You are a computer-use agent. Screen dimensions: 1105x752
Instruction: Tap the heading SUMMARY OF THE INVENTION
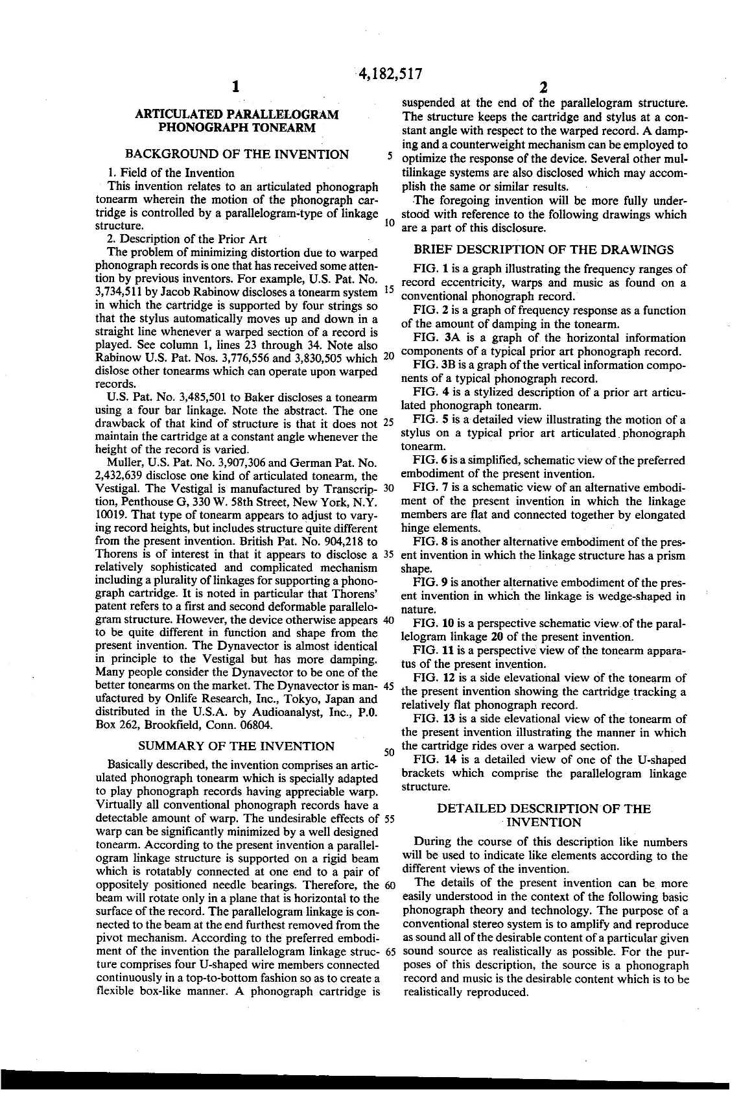pyautogui.click(x=237, y=746)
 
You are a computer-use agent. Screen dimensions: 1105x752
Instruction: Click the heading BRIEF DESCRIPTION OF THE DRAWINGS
pyautogui.click(x=544, y=250)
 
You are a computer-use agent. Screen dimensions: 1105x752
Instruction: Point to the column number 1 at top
pyautogui.click(x=236, y=87)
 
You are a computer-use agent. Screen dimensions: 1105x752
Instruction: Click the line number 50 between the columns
pyautogui.click(x=390, y=753)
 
